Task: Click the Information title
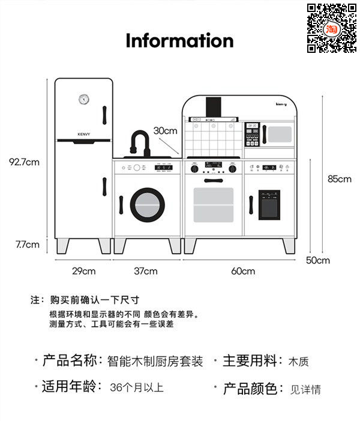click(179, 40)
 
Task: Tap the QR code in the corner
click(332, 28)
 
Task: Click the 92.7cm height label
click(24, 162)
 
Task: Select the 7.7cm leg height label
click(28, 244)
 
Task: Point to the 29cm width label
click(84, 271)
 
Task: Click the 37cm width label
click(145, 271)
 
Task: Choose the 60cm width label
click(242, 271)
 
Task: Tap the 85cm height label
click(339, 178)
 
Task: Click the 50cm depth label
click(318, 260)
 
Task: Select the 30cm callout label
click(165, 130)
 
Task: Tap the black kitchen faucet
click(139, 143)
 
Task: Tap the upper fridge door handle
click(104, 114)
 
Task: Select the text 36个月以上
click(137, 387)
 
